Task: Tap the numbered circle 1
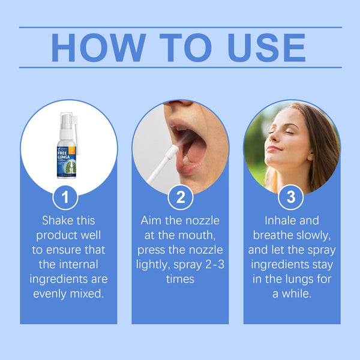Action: [x=68, y=197]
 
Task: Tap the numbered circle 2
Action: [x=180, y=197]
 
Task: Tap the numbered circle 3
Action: [x=291, y=197]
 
